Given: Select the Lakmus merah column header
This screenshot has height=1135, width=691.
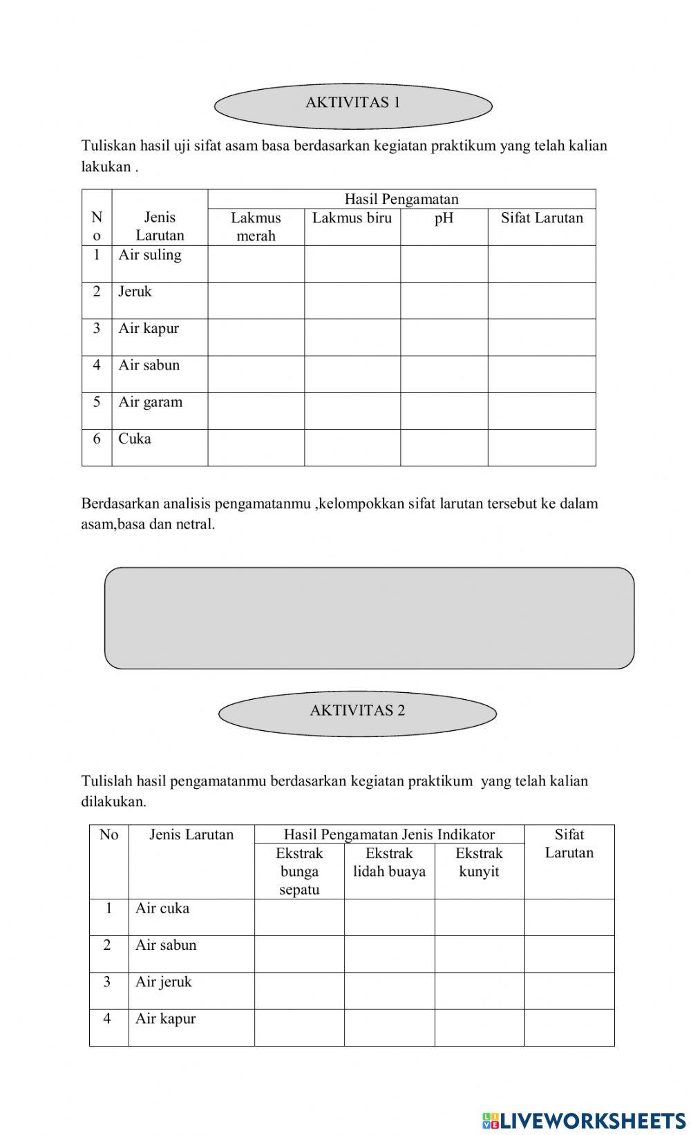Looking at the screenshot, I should [256, 227].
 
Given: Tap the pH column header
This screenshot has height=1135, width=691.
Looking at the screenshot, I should [444, 218].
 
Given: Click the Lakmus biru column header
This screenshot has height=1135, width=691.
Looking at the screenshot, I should [352, 218].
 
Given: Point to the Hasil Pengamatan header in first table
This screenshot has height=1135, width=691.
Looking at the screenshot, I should [401, 199].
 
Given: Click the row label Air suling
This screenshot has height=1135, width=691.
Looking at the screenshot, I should [150, 255].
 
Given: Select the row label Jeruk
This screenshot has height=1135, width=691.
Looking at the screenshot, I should [135, 292].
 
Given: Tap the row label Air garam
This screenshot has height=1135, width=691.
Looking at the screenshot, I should [151, 402].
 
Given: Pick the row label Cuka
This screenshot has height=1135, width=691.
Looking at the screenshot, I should [135, 439].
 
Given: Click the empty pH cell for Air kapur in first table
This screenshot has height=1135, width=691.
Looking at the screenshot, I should [444, 337].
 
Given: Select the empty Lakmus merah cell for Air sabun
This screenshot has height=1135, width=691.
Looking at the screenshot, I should [256, 374].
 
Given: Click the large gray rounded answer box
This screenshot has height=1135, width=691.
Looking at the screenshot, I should [369, 618].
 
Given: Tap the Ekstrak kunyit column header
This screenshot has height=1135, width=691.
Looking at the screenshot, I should [479, 862].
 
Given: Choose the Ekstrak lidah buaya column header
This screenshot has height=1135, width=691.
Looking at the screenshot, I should [389, 862].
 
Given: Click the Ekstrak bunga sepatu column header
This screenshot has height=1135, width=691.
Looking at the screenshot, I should [299, 871].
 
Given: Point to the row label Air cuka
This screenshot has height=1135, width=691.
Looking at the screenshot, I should [162, 908].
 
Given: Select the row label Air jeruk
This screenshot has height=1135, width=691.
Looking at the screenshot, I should [164, 982].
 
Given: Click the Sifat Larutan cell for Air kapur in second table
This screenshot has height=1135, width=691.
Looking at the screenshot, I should [569, 1027].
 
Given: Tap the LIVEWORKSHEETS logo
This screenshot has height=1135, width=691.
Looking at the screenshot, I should [584, 1120].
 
